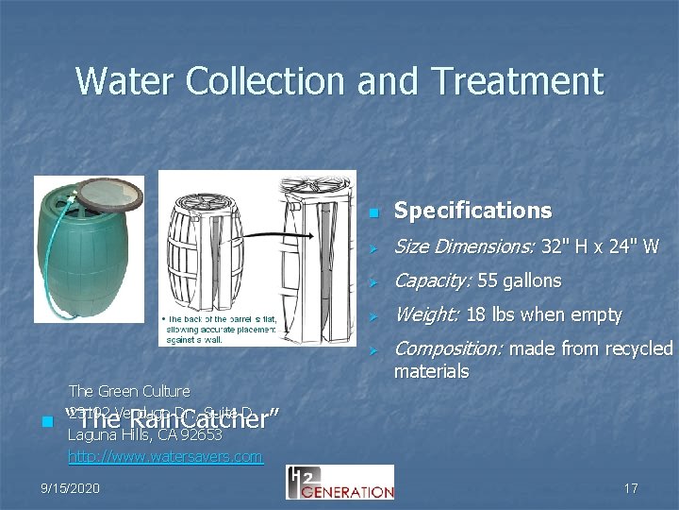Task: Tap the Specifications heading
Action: [x=472, y=210]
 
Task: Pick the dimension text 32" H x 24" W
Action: [x=599, y=247]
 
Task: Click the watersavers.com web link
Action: [x=165, y=457]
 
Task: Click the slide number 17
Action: [x=631, y=488]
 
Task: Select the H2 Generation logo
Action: [x=339, y=482]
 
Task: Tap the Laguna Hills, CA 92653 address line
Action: [x=145, y=435]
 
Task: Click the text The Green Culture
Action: [x=129, y=391]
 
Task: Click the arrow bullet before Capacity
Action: [x=373, y=282]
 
